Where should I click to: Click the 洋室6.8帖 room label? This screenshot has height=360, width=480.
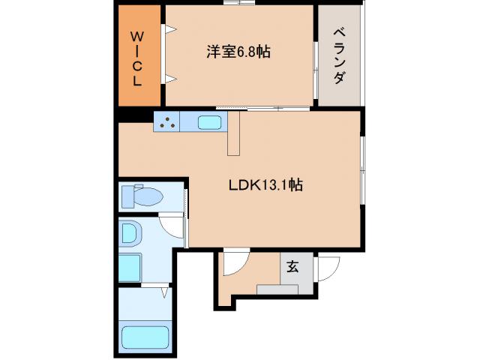tap(238, 52)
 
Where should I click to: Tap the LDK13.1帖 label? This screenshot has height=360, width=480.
tap(265, 184)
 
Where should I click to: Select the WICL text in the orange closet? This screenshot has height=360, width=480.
tap(138, 58)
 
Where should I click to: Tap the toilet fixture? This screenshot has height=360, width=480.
tap(142, 197)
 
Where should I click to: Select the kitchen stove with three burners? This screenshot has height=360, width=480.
tap(169, 122)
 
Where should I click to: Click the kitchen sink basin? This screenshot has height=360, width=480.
tap(209, 122)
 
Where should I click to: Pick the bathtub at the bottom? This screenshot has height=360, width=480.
tap(144, 337)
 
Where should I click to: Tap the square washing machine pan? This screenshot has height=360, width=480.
tap(130, 267)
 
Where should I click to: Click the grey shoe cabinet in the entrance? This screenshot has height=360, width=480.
tap(277, 289)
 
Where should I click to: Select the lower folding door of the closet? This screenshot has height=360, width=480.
tap(169, 78)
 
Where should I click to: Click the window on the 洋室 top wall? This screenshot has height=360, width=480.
tap(241, 4)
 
